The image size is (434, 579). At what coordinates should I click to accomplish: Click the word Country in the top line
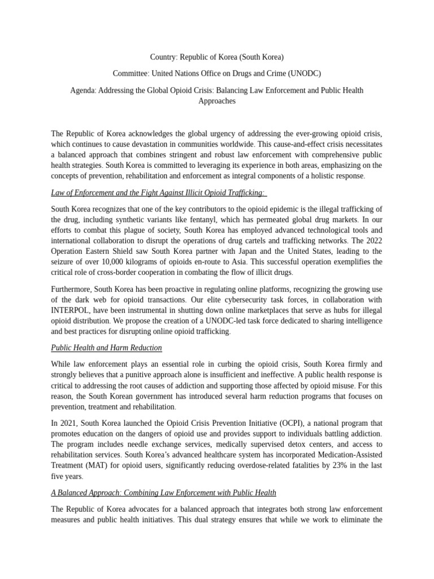(x=163, y=57)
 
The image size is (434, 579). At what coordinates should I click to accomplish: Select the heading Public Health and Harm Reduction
(x=106, y=348)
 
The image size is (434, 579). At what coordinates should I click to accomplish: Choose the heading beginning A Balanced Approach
(x=163, y=492)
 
